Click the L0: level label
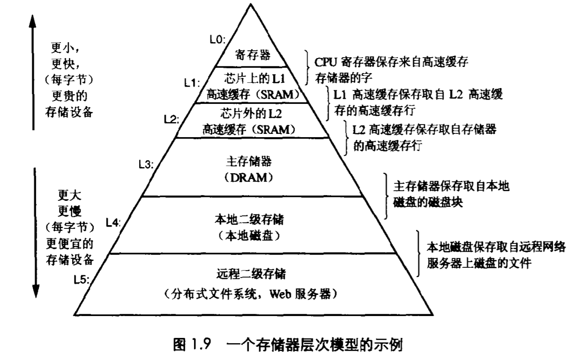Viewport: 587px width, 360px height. (217, 40)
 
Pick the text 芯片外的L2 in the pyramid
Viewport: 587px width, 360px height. (253, 112)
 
